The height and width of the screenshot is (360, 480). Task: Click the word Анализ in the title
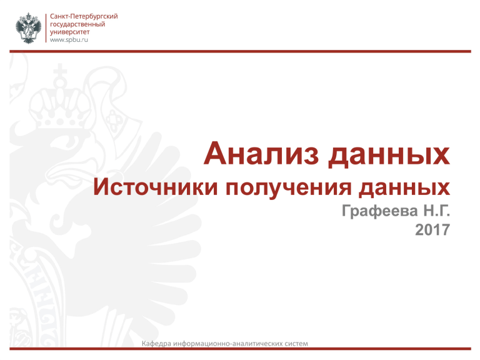262,153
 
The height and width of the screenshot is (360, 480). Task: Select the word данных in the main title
389,155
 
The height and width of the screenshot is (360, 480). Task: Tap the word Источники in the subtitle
156,187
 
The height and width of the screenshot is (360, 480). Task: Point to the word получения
288,188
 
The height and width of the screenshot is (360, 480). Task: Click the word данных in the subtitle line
404,188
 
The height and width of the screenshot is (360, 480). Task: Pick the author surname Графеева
380,211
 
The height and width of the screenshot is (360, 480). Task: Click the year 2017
432,229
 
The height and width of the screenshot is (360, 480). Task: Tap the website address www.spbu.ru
69,40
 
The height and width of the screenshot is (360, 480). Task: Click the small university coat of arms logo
28,28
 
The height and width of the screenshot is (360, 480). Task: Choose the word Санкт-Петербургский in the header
84,16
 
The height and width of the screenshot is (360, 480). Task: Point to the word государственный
77,24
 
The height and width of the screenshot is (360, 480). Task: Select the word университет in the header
70,32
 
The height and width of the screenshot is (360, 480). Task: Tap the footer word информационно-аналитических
228,344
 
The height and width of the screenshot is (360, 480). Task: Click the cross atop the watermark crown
60,71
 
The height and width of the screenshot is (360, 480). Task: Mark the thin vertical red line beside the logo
46,28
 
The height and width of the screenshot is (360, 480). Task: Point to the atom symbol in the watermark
113,120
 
